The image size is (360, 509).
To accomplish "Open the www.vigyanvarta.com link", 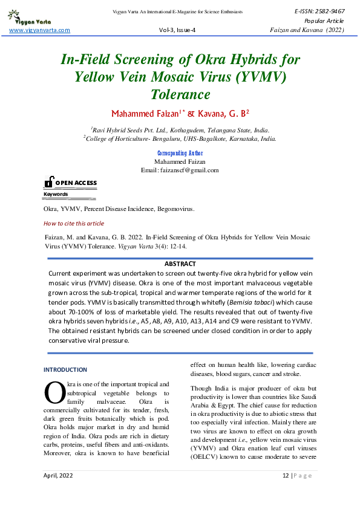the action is (40, 30).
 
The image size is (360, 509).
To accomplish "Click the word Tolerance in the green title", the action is (180, 94).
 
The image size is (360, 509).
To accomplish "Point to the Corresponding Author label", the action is (180, 154).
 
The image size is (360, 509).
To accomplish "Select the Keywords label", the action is (56, 194).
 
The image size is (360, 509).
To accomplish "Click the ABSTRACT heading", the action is (180, 264).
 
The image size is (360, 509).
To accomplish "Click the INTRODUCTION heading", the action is (65, 369).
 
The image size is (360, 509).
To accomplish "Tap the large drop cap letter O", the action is (54, 393).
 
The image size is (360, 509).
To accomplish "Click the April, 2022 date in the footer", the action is (58, 493).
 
